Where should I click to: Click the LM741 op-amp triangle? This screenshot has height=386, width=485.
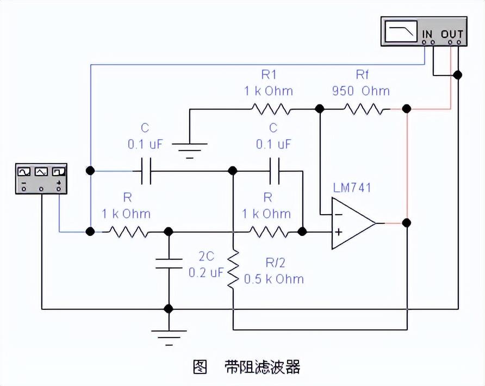point(352,223)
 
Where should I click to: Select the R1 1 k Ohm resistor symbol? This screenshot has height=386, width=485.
point(270,110)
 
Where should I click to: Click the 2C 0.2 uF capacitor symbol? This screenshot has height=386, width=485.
point(169,263)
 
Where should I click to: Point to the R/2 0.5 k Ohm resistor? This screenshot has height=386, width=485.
point(233,269)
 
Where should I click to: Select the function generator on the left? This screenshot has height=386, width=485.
point(41,178)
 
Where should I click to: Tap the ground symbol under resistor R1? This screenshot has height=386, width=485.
point(190,148)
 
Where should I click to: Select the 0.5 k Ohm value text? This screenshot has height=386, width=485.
point(273,279)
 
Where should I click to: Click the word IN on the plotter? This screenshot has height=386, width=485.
point(428,34)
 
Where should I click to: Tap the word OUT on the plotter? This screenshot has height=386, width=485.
point(452,34)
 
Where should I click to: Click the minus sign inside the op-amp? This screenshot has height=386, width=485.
point(338,214)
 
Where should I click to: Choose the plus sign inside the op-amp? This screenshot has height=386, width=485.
point(338,232)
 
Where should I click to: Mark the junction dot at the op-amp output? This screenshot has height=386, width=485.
point(407,223)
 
